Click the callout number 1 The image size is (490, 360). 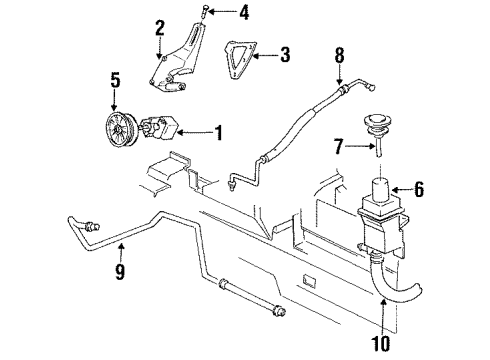tap(218, 130)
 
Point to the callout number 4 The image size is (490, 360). tap(243, 14)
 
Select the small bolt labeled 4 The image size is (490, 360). tap(203, 13)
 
